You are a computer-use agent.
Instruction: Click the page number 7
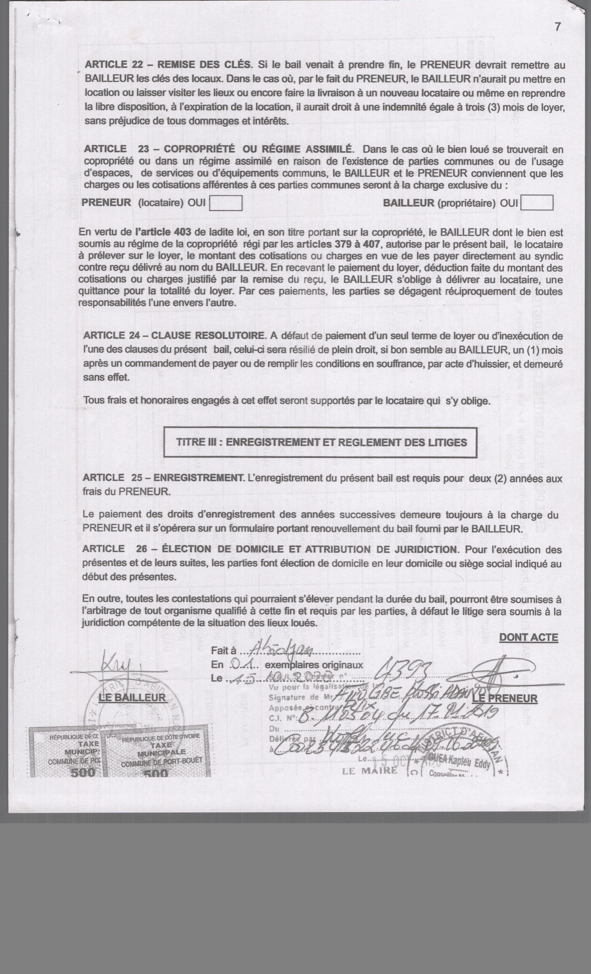pos(557,27)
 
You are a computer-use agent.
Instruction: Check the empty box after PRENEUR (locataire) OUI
pos(225,203)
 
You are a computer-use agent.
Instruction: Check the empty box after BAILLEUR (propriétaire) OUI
pos(537,203)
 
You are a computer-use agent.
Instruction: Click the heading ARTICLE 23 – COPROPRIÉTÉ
pos(217,149)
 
